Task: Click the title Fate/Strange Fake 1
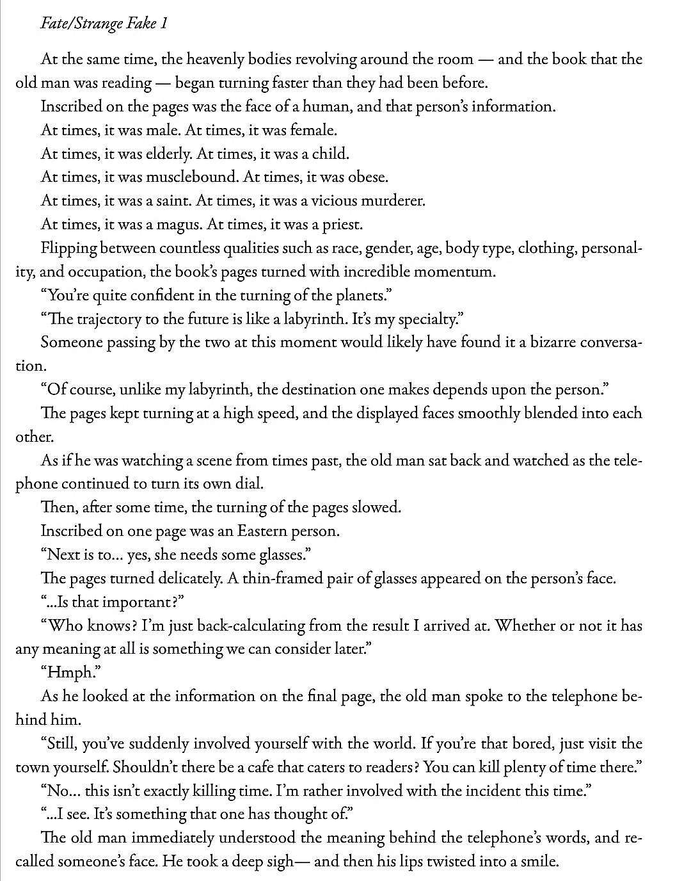tap(104, 24)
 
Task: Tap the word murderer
tap(392, 201)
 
